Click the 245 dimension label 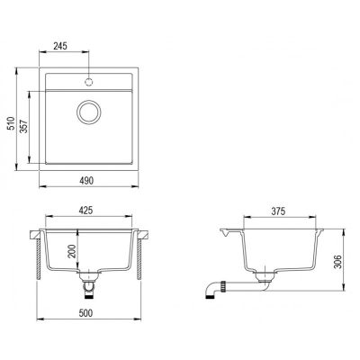[x=60, y=46]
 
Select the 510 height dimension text [x=12, y=123]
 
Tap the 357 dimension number [x=24, y=127]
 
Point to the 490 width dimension [x=86, y=180]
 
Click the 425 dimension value [x=85, y=211]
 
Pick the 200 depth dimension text [x=71, y=251]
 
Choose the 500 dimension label [x=85, y=313]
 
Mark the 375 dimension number [x=278, y=211]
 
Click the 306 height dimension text [x=338, y=262]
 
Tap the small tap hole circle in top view [x=89, y=81]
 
